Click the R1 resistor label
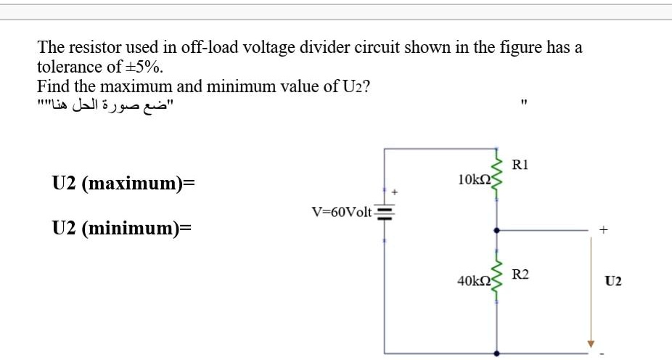click(520, 165)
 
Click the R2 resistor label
click(520, 274)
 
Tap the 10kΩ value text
click(475, 179)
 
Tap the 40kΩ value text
click(475, 279)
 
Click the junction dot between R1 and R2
click(497, 230)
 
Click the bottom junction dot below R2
click(497, 354)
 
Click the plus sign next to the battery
click(396, 193)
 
